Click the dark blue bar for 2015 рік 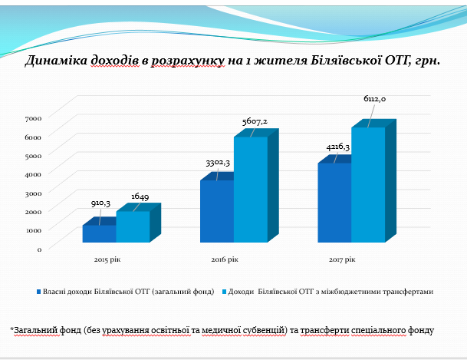pos(98,234)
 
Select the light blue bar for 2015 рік pos(132,227)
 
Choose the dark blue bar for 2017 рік pos(334,203)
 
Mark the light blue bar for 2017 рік pos(368,185)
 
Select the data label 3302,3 pos(218,163)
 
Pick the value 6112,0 pos(375,100)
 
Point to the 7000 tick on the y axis pos(33,117)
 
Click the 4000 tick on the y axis pos(33,173)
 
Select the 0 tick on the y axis pos(38,249)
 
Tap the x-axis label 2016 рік pos(225,260)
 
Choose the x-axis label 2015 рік pos(107,260)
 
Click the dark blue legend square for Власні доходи pos(38,292)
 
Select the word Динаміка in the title pos(54,60)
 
